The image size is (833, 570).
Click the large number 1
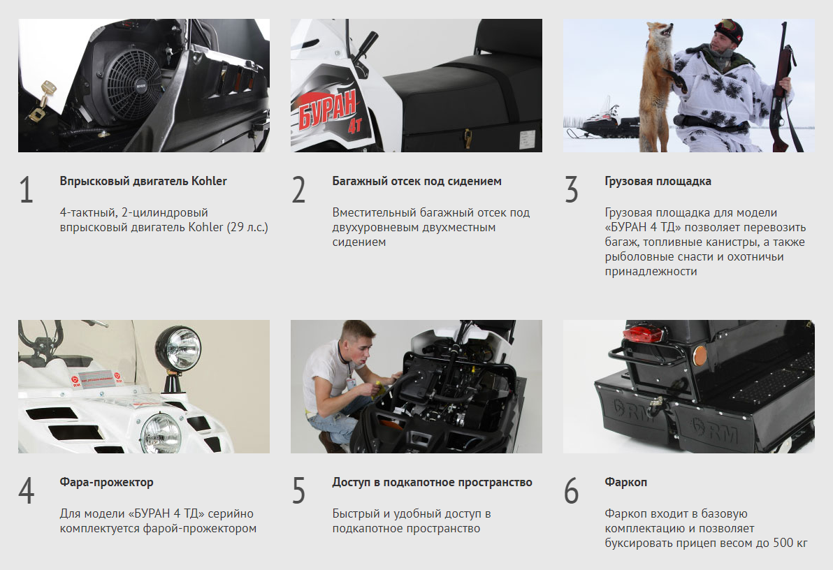(26, 189)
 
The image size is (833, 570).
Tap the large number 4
(26, 491)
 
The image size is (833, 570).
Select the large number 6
(571, 491)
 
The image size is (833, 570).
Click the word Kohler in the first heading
(209, 181)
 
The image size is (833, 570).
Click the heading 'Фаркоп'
(626, 483)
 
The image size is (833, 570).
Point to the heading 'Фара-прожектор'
(106, 483)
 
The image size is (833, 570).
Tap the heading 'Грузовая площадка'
(658, 181)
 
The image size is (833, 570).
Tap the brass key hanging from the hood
(42, 101)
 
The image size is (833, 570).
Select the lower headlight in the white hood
(161, 432)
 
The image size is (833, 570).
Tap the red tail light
(644, 334)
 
